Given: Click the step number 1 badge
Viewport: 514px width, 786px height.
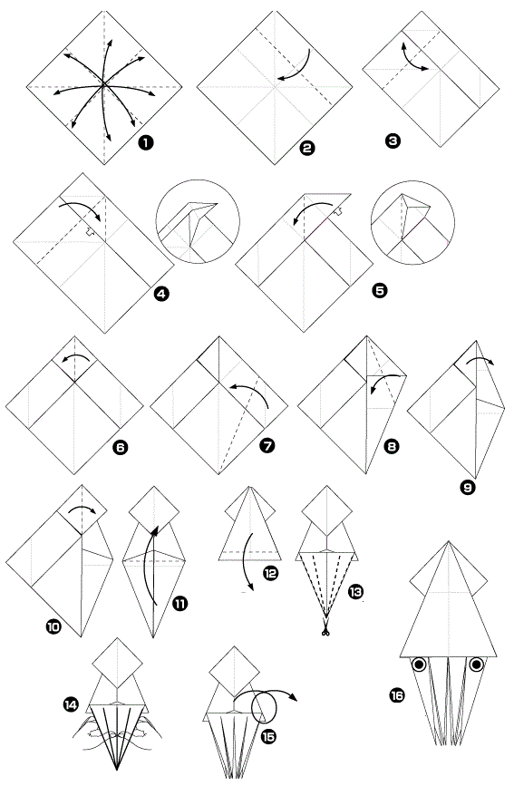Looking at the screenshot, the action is [145, 142].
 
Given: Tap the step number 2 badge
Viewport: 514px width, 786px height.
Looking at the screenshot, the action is [307, 148].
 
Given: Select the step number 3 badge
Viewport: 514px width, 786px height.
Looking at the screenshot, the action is [393, 141].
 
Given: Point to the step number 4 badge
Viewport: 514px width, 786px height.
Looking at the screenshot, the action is [161, 293].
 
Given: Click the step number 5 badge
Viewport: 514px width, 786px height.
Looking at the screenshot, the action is [380, 290].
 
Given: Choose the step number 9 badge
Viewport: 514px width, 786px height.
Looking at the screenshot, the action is [468, 486].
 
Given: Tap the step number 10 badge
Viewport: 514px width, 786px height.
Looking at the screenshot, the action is [53, 626].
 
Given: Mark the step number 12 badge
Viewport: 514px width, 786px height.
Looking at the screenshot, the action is [270, 574].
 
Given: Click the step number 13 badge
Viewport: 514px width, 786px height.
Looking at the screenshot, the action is [355, 593].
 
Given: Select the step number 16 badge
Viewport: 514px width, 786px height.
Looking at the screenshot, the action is [396, 695].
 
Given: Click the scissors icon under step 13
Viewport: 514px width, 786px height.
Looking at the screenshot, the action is [326, 632].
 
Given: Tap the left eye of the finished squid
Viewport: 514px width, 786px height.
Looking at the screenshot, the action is [419, 665].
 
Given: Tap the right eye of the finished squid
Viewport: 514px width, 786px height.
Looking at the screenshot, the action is [477, 665].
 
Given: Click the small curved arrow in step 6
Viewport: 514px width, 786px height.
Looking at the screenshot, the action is [75, 354].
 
